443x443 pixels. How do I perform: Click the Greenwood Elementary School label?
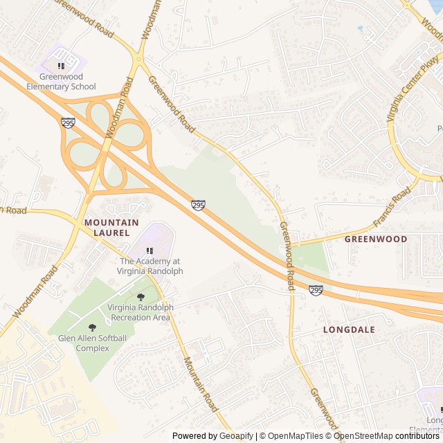coord(61,82)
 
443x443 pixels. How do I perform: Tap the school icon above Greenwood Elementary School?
coord(61,66)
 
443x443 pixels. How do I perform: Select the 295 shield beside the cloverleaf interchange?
coord(68,123)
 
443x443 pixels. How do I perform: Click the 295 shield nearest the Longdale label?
coord(316,290)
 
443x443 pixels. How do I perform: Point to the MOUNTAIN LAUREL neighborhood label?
coord(111,228)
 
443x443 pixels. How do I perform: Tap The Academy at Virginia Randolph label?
coord(151,266)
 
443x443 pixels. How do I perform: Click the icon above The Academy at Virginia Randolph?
coord(150,251)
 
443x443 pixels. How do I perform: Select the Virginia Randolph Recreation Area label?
coord(141,312)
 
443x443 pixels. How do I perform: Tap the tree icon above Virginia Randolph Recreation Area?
coord(141,297)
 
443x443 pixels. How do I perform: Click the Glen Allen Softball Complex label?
coord(93,343)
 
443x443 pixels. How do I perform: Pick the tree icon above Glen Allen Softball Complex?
coord(92,327)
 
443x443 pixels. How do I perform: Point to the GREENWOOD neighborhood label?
coord(376,239)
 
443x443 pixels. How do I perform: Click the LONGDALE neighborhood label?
coord(349,330)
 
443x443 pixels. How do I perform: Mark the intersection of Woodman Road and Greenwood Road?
coord(140,59)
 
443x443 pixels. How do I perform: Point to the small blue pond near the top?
coord(359,28)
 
